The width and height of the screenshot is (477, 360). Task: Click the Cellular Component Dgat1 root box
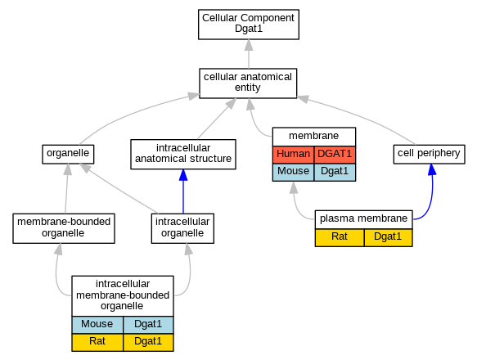coord(249,25)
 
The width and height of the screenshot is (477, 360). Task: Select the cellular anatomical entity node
coord(248,83)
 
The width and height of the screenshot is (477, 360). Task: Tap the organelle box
coord(68,155)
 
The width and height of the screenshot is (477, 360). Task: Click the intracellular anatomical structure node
coord(183,155)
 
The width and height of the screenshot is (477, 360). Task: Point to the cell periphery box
coord(429,155)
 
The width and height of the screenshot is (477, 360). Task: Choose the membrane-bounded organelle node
coord(64,228)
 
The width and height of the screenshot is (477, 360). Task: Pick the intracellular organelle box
coord(182,228)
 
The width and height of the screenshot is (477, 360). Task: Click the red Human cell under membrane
coord(293,155)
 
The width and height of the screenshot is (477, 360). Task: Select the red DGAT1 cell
coord(335,155)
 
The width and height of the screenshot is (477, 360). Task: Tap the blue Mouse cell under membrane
coord(293,172)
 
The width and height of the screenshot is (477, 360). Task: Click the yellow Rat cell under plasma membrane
coord(340,237)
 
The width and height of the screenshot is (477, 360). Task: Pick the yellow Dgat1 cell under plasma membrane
coord(388,237)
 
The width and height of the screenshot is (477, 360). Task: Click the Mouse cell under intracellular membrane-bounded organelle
coord(97,325)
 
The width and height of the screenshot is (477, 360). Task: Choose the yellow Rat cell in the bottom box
coord(97,342)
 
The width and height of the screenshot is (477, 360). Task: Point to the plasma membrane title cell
coord(363,219)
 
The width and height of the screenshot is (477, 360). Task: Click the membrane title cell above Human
coord(314,137)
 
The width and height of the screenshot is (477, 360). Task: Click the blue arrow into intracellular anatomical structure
coord(183,191)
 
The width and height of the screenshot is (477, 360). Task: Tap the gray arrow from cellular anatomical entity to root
coord(249,54)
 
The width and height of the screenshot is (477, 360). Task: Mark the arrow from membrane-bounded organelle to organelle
coord(66,189)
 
